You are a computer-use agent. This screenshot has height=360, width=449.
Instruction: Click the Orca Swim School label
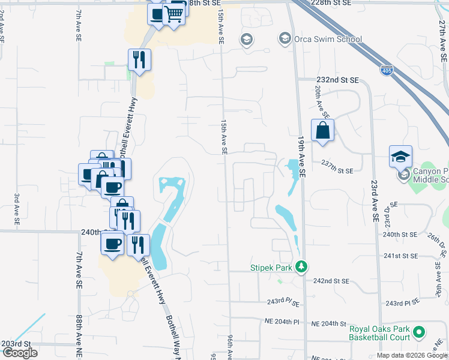[x=328, y=40]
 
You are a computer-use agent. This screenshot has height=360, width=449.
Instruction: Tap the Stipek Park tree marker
[x=303, y=266]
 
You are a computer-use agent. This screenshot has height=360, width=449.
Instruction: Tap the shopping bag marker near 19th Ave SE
[x=322, y=130]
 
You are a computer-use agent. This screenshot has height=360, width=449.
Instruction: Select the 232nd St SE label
[x=337, y=79]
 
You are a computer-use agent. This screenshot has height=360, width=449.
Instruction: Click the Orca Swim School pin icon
[x=285, y=39]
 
